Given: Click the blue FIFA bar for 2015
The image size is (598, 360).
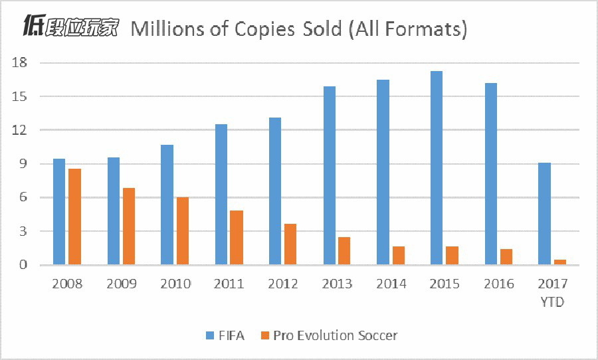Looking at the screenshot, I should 437,168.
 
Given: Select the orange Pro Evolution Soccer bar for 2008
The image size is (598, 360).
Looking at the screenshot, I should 74,217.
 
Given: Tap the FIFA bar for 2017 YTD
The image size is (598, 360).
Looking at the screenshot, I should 544,214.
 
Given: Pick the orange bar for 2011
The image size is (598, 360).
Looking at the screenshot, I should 237,238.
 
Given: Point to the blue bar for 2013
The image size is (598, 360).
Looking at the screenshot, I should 329,175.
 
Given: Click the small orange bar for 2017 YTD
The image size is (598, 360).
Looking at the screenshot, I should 559,262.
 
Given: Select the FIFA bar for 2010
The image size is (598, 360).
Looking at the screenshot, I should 167,205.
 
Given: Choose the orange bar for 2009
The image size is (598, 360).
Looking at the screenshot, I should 128,226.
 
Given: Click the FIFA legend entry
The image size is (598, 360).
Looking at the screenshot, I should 223,335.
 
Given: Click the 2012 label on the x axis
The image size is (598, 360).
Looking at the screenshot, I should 283,284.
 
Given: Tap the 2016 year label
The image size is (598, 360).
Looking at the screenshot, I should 499,284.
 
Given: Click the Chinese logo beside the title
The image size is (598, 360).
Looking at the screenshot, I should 70,27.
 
